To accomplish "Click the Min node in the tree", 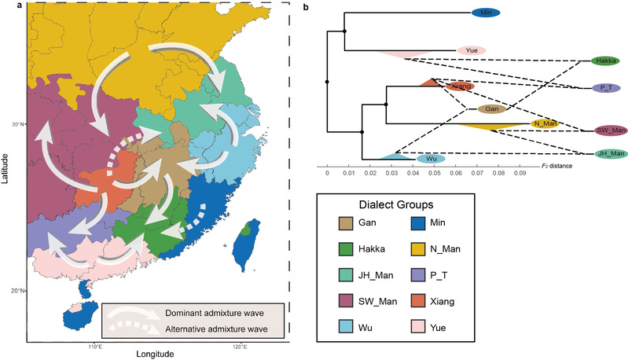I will click(487, 13).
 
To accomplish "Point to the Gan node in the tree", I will click(492, 109).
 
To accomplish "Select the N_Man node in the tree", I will click(545, 123).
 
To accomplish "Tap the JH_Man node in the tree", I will click(609, 153).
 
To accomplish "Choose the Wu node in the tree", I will click(432, 159).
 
